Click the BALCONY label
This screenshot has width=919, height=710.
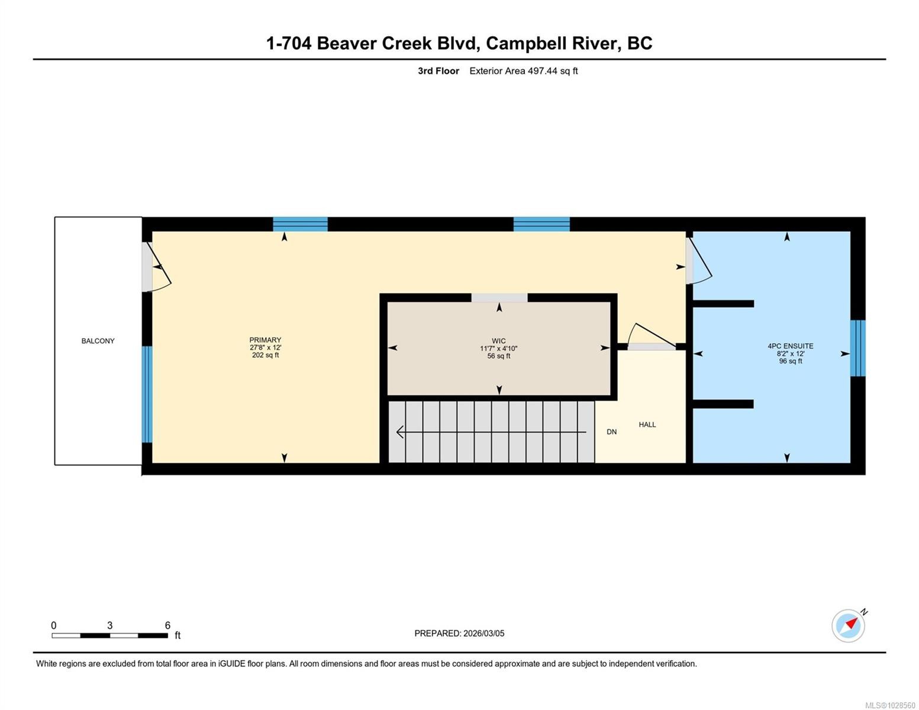[98, 341]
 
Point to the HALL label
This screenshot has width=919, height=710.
[647, 424]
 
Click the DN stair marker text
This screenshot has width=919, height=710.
[611, 432]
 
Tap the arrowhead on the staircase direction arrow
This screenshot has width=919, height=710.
[400, 433]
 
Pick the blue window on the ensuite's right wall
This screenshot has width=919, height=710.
[857, 348]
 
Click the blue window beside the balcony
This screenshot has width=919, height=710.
[147, 394]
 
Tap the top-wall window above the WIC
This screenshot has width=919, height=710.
[541, 224]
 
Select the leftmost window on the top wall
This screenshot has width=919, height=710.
[300, 224]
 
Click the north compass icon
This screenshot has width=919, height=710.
[849, 625]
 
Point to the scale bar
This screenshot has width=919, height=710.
[109, 635]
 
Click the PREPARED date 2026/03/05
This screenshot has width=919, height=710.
[459, 633]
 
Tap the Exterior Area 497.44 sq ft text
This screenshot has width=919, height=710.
[523, 71]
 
